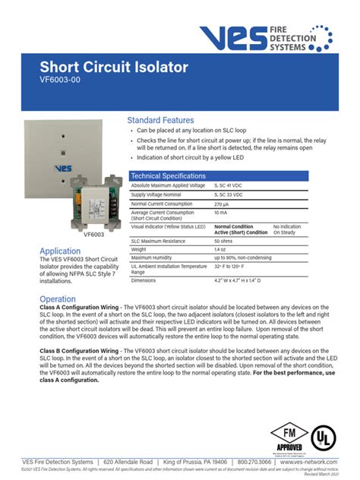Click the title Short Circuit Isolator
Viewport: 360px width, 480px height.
click(x=114, y=68)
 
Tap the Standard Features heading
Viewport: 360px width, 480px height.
click(x=160, y=120)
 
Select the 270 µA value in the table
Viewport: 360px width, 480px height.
click(x=222, y=204)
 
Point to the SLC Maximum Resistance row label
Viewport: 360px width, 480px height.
click(x=158, y=241)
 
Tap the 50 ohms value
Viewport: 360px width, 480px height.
click(x=223, y=241)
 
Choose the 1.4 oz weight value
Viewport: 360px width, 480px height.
click(x=220, y=249)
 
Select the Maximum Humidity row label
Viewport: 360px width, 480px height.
click(x=154, y=257)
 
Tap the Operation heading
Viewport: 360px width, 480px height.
click(x=58, y=299)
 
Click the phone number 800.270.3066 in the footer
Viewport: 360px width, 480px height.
click(x=254, y=462)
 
